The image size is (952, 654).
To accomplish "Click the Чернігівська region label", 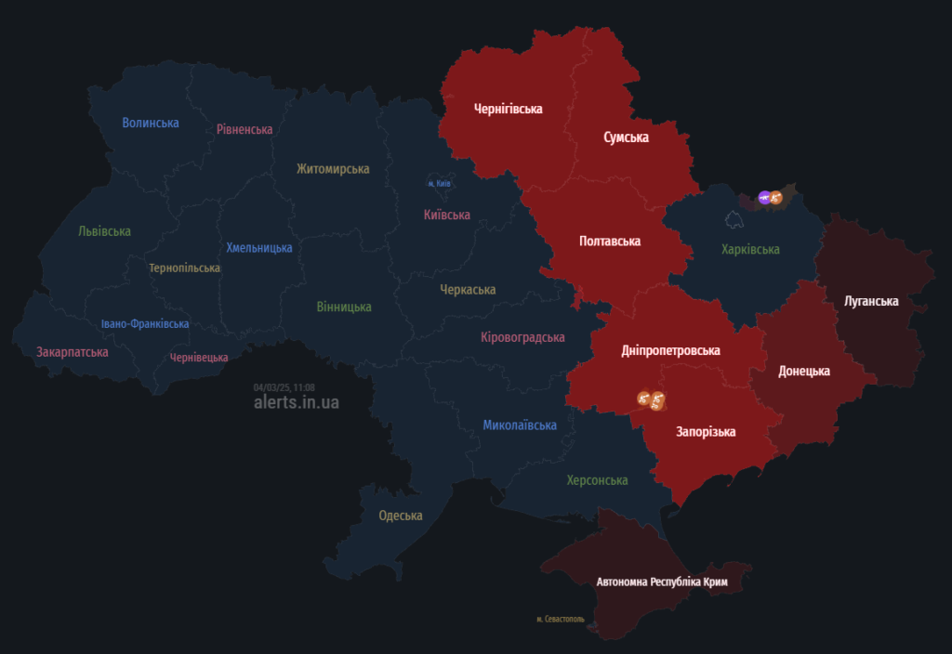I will pos(508,109).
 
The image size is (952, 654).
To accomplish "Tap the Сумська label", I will pos(626,137).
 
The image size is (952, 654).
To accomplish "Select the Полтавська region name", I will pos(609,241).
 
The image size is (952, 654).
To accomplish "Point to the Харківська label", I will pos(750,249).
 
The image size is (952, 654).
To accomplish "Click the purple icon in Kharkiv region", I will pos(764,197).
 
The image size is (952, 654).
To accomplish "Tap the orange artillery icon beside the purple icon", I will pos(776,197).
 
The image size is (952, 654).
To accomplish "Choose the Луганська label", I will pos(871,301).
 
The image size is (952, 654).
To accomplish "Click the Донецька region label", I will pos(803,371).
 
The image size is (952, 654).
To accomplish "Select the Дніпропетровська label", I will pos(671,351).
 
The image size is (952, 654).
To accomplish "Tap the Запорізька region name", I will pos(706,432).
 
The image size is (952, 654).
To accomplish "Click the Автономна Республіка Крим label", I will pos(661,582).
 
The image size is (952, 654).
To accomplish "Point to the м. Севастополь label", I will pos(561,619).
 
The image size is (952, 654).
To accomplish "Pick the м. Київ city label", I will pos(439,184).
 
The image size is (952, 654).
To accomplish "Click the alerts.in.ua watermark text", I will pos(296,402).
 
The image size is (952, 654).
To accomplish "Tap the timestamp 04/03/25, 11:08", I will pos(284,387).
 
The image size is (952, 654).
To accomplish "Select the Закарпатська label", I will pos(73,352).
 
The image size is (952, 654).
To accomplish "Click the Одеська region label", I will pos(400,516).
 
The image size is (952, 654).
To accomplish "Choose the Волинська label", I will pos(151,123).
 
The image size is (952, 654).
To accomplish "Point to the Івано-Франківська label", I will pos(145,324).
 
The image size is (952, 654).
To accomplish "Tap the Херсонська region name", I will pos(597,480).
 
